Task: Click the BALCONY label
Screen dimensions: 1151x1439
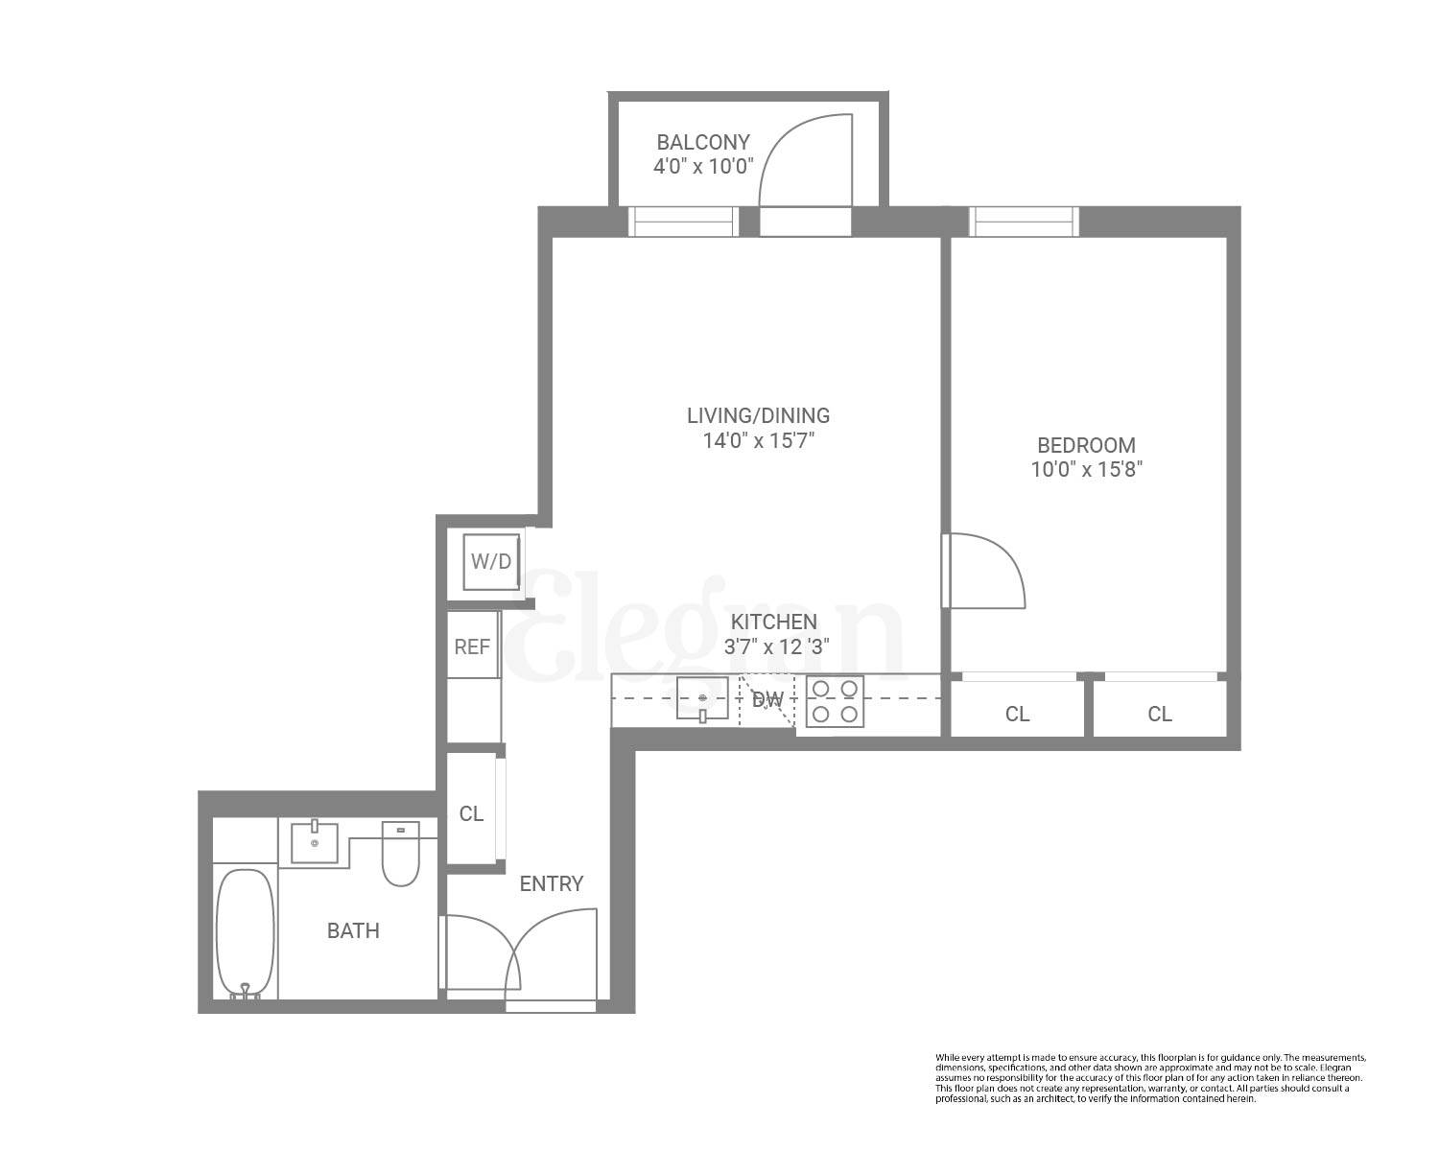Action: click(703, 142)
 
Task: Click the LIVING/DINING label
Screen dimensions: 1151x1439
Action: click(758, 415)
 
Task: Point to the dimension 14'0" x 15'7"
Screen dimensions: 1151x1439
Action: click(758, 441)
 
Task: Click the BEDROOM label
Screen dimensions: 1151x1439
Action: click(1086, 445)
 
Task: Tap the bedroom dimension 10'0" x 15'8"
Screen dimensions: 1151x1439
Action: click(1086, 470)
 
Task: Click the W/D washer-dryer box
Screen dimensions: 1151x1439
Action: click(491, 562)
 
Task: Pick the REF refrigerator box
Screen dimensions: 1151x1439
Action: click(472, 646)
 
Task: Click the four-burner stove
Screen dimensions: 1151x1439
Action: click(834, 701)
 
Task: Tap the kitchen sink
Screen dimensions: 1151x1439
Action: click(702, 698)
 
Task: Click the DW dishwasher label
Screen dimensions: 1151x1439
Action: click(767, 700)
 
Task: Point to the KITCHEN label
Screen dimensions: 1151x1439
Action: click(773, 622)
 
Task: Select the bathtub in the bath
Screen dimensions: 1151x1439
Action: click(245, 932)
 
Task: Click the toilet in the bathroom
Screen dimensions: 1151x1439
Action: click(400, 854)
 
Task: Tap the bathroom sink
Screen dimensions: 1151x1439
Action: click(314, 842)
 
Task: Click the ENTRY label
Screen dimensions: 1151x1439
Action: click(551, 884)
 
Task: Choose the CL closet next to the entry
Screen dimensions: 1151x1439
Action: click(471, 813)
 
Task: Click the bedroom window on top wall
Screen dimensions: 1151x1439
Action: click(1024, 222)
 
